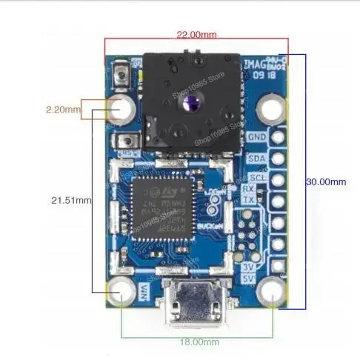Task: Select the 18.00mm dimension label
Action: pos(199,342)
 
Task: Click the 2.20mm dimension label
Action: pos(62,110)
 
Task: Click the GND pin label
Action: pos(258,137)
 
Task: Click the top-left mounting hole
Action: pos(123,110)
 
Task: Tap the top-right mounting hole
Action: pos(273,110)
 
